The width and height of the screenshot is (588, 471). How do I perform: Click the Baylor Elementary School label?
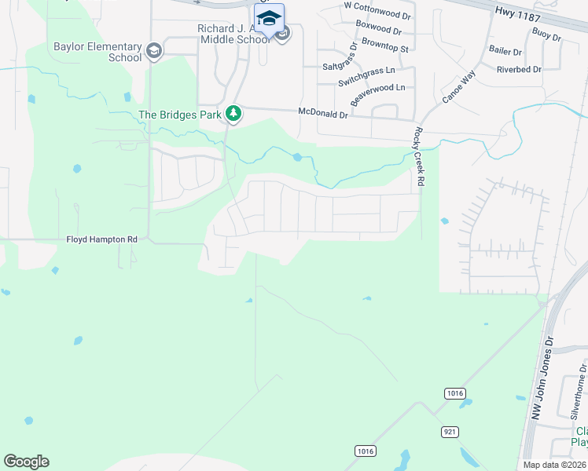pos(97,52)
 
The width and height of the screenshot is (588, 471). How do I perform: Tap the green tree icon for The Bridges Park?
pos(233,115)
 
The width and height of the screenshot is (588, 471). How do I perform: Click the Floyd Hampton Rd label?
pos(101,239)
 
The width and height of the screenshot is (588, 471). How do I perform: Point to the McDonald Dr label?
pos(322,113)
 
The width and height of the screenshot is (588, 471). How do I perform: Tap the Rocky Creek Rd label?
pos(419,157)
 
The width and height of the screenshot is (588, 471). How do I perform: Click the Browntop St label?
pos(382,49)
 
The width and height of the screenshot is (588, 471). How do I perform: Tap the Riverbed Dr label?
pos(519,70)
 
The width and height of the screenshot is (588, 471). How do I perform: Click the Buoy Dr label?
pos(546,35)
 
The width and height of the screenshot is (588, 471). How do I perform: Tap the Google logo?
pos(26,462)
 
